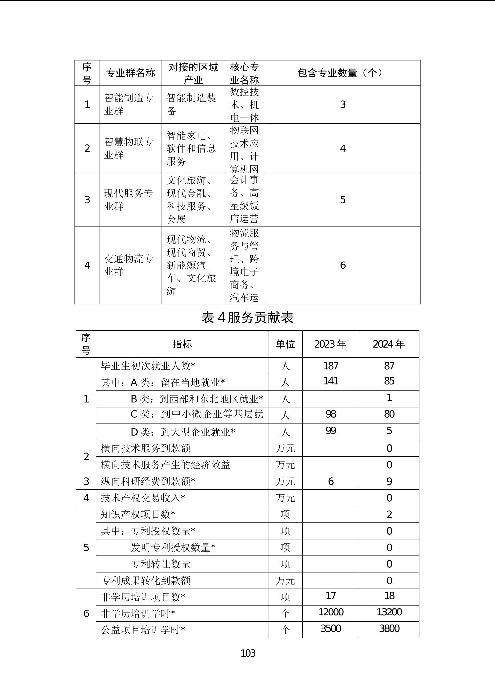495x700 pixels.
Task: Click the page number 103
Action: (248, 653)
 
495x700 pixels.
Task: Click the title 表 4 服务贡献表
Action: (247, 318)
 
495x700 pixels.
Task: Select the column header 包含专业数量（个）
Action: (342, 73)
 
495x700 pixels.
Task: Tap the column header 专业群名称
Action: (130, 73)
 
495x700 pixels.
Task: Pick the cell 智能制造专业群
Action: (129, 104)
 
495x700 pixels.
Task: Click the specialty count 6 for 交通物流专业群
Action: (343, 265)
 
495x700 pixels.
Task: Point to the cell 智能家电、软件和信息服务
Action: (191, 148)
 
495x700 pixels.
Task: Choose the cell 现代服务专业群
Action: (129, 200)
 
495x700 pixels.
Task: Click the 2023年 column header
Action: (330, 344)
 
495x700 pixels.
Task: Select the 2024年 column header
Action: (388, 344)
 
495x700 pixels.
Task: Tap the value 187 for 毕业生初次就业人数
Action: (331, 366)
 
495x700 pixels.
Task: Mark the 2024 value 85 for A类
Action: (389, 381)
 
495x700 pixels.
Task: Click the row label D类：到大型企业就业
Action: (183, 432)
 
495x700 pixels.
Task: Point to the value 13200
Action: (389, 612)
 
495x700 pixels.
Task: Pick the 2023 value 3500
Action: (331, 628)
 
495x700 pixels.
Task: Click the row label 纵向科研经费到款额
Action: (148, 481)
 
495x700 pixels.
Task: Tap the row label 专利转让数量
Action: (160, 564)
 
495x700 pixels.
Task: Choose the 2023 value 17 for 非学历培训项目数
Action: (331, 596)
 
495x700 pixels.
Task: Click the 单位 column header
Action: (285, 344)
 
